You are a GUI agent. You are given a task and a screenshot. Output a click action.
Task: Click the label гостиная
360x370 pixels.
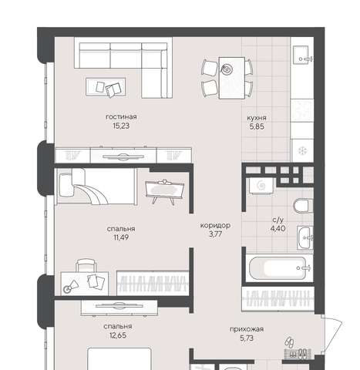[x=121, y=117]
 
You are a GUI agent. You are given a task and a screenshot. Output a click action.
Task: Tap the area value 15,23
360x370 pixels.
[x=121, y=126]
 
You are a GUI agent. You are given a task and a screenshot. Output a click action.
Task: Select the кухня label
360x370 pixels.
[x=257, y=118]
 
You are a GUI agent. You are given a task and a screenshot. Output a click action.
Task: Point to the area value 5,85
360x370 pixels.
[x=257, y=126]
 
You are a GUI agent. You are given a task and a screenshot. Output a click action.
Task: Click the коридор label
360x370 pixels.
[x=215, y=226]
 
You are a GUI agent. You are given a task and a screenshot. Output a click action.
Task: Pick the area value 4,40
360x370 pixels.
[x=278, y=228]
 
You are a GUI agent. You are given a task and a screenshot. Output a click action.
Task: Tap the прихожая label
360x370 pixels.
[x=247, y=329]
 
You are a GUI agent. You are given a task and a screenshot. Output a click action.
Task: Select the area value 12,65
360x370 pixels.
[x=118, y=335]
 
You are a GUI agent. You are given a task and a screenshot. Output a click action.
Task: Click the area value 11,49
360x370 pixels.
[x=121, y=237]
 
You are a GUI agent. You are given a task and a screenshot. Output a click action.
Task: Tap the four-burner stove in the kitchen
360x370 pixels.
[x=302, y=110]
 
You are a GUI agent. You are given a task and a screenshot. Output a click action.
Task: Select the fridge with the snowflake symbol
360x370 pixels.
[x=302, y=150]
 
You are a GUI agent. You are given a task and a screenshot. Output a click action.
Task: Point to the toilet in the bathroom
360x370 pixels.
[x=303, y=206]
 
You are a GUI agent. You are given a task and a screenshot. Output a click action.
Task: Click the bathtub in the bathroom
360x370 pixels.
[x=279, y=268]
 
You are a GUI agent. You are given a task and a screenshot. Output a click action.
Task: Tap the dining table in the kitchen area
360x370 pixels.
[x=231, y=78]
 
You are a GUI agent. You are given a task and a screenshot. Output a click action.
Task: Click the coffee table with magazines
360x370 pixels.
[x=106, y=87]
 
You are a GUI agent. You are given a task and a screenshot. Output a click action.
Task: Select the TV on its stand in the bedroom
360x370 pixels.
[x=165, y=191]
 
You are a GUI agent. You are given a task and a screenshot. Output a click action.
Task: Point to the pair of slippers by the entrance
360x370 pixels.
[x=290, y=343]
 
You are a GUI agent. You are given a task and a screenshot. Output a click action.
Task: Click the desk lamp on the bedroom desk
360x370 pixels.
[x=71, y=286]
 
